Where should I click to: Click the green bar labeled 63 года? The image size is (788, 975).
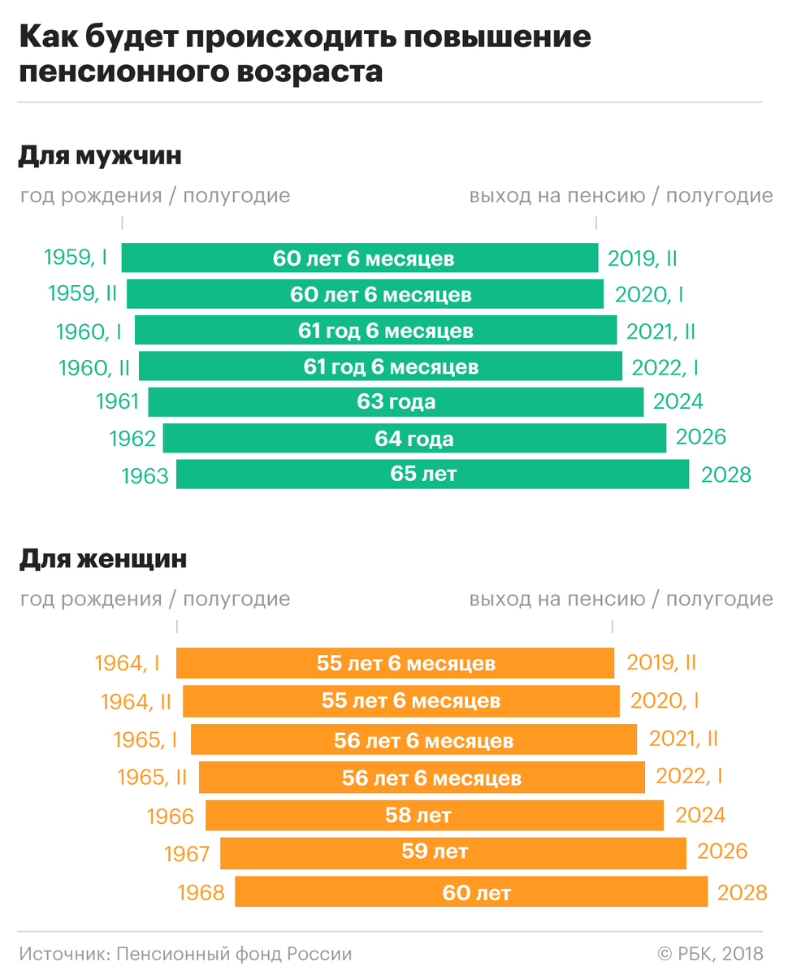coord(396,401)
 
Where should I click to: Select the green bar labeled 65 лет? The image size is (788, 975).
coord(432,474)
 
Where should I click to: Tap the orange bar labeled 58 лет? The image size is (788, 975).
coord(435,815)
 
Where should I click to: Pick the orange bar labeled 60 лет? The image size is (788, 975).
coord(471,892)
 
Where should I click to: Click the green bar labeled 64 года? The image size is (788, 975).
coord(414,439)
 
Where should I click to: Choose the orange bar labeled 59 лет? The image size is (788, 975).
coord(453,853)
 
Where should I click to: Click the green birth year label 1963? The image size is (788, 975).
coord(145,476)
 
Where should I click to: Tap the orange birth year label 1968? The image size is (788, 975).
coord(201,893)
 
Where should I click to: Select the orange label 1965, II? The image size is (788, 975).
coord(152,778)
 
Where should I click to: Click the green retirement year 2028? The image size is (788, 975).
coord(726,475)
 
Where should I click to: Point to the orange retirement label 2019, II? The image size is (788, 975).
coord(661,662)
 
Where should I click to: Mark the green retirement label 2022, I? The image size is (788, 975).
coord(665,367)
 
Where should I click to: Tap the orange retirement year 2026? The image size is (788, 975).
coord(721,851)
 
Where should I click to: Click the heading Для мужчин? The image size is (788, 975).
coord(100,155)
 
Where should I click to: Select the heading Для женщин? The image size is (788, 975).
coord(103,559)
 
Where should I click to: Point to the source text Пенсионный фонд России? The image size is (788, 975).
coord(234,954)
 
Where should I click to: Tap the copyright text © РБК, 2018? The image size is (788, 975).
coord(709,954)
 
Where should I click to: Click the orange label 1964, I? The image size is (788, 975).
coord(127,663)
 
